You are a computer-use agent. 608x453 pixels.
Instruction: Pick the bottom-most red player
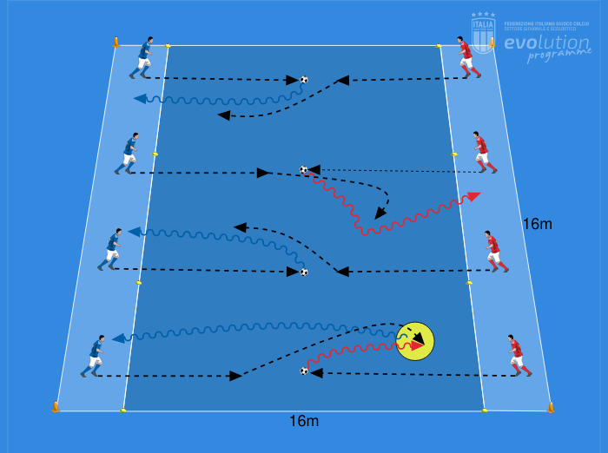point(519,356)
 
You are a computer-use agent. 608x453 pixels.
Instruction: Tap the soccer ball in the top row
point(304,80)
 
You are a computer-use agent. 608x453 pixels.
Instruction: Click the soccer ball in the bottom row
point(304,371)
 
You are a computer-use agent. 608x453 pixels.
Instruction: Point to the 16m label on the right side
point(537,225)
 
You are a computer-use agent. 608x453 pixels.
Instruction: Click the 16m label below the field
point(304,422)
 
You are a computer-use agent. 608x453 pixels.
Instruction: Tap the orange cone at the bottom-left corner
point(56,406)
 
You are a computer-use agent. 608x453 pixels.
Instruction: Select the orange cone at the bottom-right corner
point(551,406)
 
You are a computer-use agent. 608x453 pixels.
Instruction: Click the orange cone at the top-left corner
point(116,42)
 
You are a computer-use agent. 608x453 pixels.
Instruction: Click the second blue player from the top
point(129,154)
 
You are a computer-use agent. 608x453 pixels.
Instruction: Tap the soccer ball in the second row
point(303,170)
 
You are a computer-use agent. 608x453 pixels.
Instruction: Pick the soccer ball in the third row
point(304,272)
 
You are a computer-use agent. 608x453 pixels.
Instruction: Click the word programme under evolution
point(558,56)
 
